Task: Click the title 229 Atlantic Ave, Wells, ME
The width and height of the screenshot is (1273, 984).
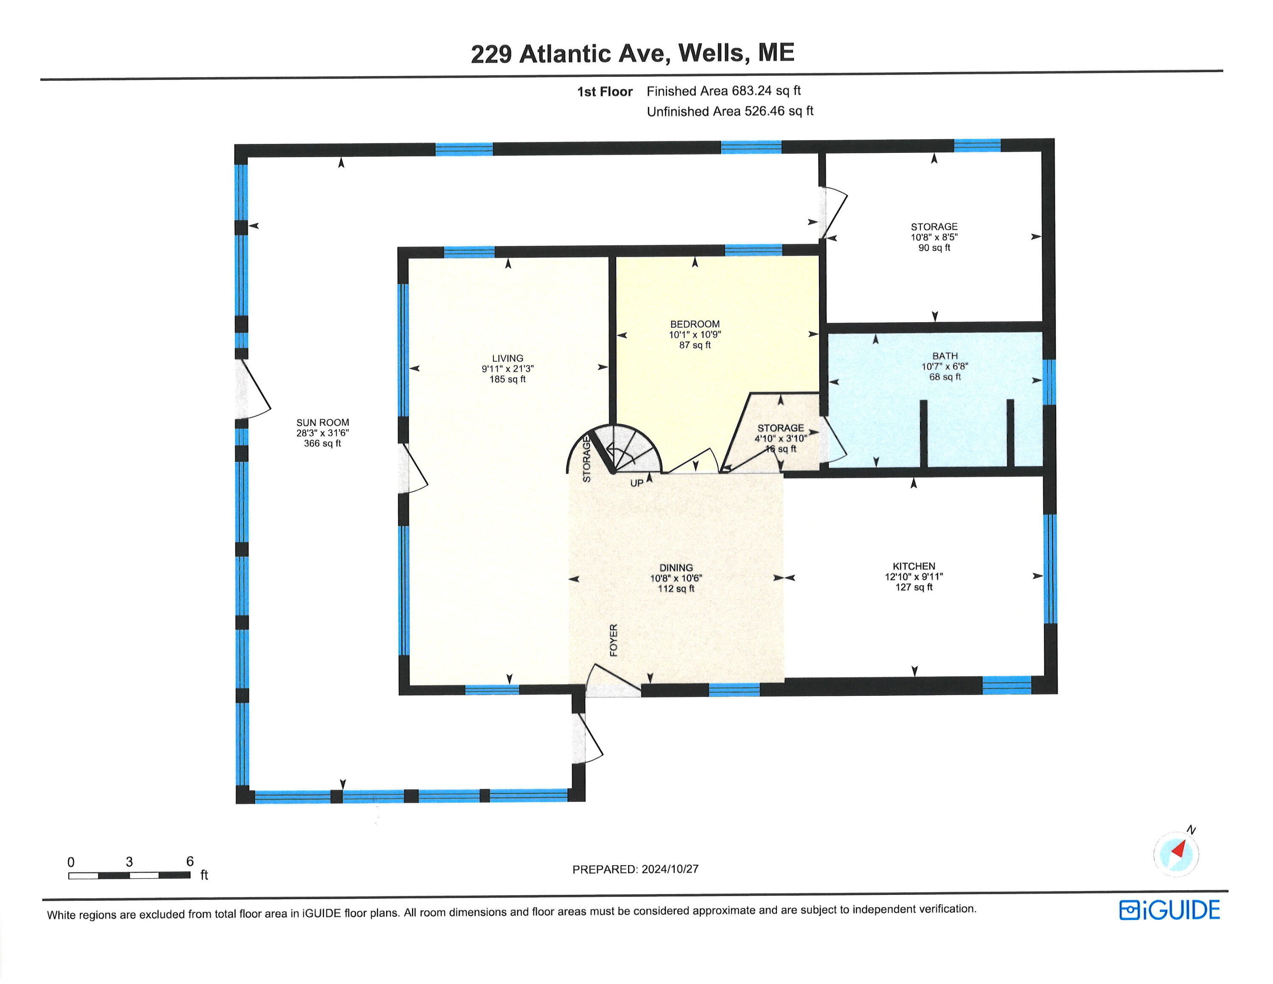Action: (632, 53)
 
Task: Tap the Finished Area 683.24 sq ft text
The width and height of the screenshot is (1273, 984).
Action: (723, 91)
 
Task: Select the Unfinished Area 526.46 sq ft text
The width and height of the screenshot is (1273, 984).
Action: (730, 111)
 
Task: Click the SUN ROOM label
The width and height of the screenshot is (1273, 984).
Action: (322, 423)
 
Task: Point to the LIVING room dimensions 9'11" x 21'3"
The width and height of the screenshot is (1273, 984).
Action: (507, 369)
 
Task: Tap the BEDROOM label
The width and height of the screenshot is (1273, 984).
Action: (695, 324)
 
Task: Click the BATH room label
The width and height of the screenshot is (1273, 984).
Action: (944, 356)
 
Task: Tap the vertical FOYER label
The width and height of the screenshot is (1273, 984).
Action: (613, 640)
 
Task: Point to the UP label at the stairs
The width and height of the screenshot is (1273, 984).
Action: (636, 483)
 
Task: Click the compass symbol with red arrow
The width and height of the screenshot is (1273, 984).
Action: (1176, 853)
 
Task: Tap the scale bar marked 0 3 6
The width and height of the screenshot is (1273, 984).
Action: (129, 874)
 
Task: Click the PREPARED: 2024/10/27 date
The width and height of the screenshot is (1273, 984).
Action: (635, 869)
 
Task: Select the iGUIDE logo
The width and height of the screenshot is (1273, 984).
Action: (1169, 910)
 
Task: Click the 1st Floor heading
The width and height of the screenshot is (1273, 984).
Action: (604, 92)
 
